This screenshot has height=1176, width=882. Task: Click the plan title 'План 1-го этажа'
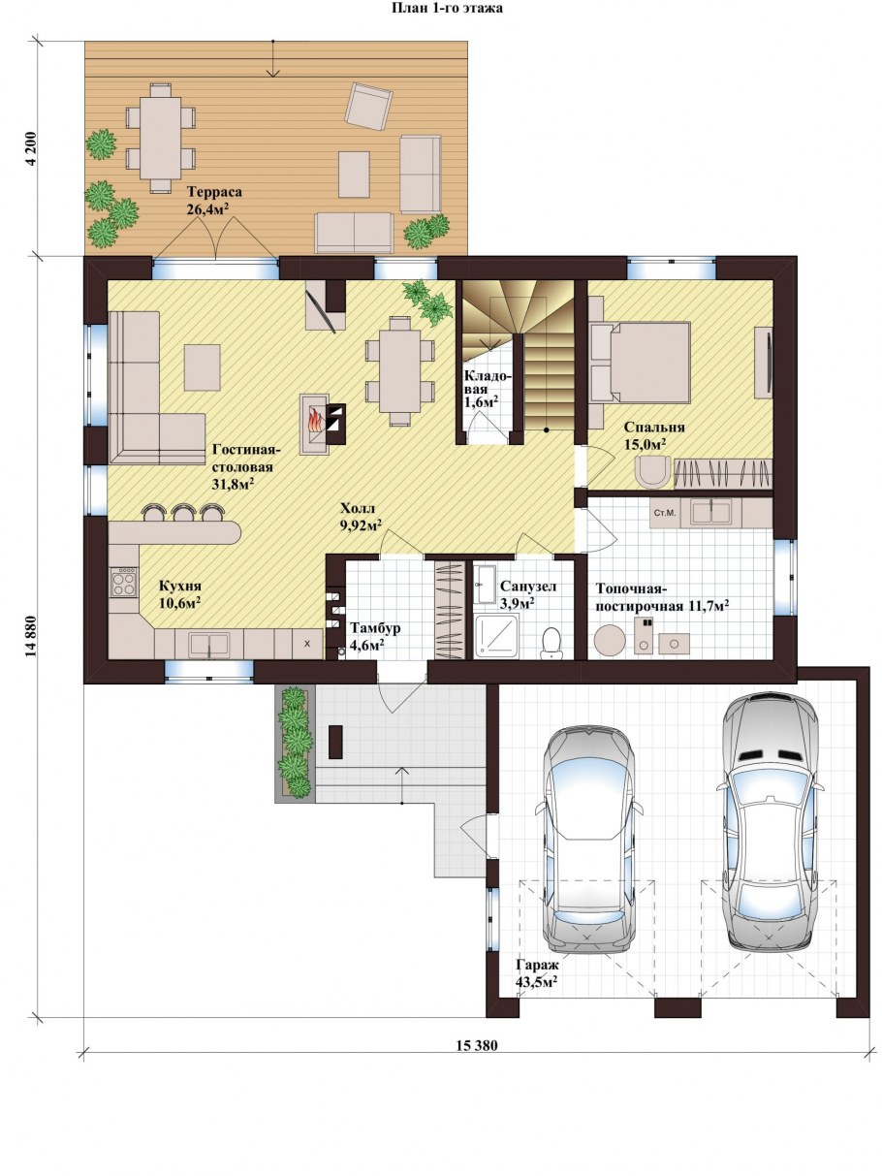click(447, 8)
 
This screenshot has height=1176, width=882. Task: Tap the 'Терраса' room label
click(214, 192)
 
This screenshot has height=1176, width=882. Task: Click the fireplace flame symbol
click(315, 420)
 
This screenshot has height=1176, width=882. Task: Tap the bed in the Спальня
click(640, 362)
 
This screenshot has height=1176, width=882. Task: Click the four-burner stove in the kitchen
click(123, 583)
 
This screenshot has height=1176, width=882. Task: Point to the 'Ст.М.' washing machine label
click(665, 513)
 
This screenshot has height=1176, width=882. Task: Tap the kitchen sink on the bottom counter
click(208, 644)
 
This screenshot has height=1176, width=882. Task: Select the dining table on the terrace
click(161, 139)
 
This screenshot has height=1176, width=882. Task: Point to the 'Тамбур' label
click(375, 628)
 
